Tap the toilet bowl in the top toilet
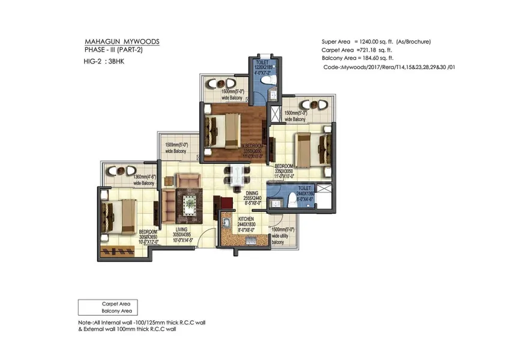270,79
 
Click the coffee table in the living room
190,203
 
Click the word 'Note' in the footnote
85,323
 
